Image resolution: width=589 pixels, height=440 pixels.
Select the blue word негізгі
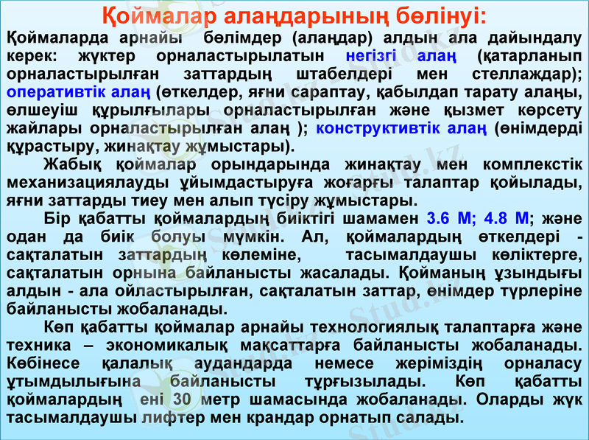pyautogui.click(x=371, y=55)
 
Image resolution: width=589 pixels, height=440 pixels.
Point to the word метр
pyautogui.click(x=237, y=400)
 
